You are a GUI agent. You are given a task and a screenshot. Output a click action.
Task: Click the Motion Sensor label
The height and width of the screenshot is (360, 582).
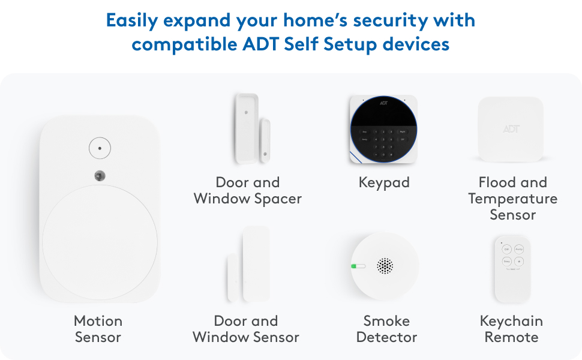tap(98, 329)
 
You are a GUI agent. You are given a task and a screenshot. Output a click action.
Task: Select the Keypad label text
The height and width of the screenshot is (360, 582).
tap(384, 182)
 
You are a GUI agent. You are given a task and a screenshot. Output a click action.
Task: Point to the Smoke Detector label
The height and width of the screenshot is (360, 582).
tap(386, 329)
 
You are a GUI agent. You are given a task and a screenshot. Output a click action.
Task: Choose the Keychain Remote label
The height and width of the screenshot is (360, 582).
tap(511, 329)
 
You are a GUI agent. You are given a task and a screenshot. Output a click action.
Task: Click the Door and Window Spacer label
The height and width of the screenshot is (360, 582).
tap(247, 190)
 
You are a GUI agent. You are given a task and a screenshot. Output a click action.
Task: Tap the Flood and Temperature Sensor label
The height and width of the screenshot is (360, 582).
tap(512, 198)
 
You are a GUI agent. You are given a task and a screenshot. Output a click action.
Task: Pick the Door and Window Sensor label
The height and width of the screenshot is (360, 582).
tap(246, 329)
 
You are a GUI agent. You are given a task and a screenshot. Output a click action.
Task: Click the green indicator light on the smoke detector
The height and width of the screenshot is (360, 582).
tap(358, 266)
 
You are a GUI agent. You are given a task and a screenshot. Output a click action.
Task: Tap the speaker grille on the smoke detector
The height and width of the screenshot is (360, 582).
tap(385, 266)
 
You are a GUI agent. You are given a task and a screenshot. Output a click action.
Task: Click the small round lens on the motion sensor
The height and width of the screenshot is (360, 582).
tap(99, 176)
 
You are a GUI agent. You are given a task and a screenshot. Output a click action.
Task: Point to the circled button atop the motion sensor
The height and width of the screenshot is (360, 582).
tap(100, 147)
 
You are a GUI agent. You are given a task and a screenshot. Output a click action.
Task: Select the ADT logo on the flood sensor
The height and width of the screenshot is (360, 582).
tap(511, 128)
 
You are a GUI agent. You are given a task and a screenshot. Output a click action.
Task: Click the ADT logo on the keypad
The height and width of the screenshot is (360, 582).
tap(384, 103)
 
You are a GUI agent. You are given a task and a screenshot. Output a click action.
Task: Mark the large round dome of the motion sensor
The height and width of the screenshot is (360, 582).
tap(100, 242)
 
